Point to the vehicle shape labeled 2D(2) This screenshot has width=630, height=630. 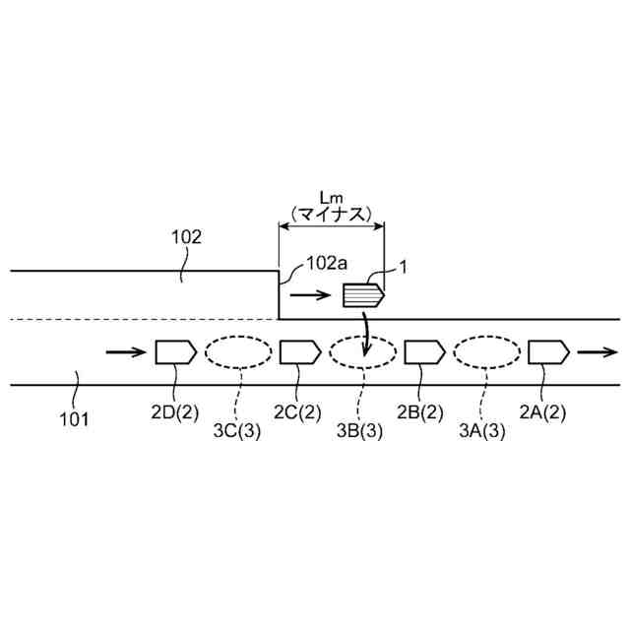click(174, 351)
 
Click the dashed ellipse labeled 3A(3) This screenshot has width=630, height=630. click(486, 351)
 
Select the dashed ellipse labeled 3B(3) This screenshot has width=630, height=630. click(361, 351)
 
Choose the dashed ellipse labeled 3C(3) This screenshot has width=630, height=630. click(237, 351)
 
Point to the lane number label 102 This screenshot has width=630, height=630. click(186, 237)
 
